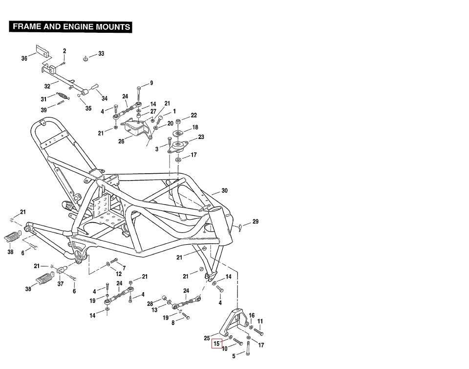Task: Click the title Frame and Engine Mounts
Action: [71, 26]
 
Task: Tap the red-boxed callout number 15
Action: [217, 344]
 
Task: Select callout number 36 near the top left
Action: [24, 58]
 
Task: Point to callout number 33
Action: [101, 53]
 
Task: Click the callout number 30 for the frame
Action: [224, 190]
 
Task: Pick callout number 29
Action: [256, 222]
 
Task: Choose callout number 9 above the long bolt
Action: [151, 83]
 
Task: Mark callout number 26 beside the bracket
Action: [121, 142]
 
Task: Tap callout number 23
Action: [201, 137]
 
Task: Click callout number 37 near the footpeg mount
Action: [61, 284]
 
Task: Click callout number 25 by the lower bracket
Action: [207, 338]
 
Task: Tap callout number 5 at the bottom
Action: [234, 356]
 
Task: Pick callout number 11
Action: [260, 322]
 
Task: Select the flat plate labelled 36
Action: [43, 51]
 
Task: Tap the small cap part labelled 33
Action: [85, 59]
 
